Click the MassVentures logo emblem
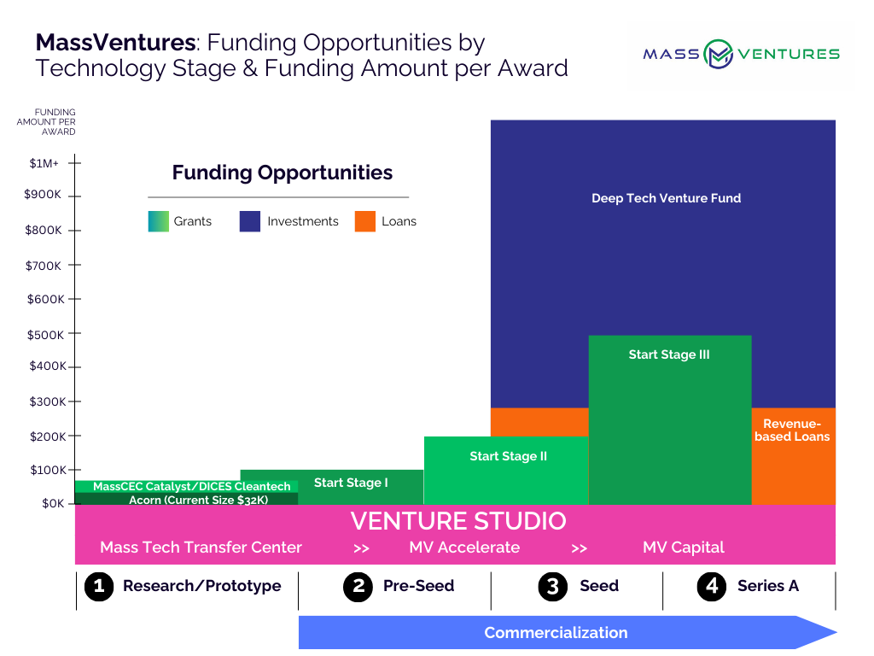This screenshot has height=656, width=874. point(718,54)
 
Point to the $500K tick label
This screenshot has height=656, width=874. point(46,335)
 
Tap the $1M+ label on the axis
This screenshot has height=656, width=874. point(44,163)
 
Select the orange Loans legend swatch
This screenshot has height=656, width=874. point(365,221)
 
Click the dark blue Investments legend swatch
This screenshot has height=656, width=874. point(250,221)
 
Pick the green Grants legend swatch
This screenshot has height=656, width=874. point(158,221)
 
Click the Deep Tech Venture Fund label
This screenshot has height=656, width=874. point(666,198)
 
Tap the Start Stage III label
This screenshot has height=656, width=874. point(669,354)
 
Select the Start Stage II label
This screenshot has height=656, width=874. point(509,456)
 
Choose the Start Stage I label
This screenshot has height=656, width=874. point(351,483)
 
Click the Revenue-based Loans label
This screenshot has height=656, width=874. point(792,430)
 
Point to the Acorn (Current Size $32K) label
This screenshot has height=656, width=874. point(198,500)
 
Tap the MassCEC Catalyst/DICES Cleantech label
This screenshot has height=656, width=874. point(192,486)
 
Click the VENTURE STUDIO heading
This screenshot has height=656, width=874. point(458,521)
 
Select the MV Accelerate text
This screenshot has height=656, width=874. point(464,548)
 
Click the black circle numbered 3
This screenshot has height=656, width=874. point(552,587)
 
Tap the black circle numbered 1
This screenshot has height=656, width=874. point(99,587)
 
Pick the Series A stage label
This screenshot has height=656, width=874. point(768,586)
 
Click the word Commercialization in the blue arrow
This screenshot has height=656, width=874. point(556,633)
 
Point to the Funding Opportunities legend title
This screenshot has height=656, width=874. point(282,173)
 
